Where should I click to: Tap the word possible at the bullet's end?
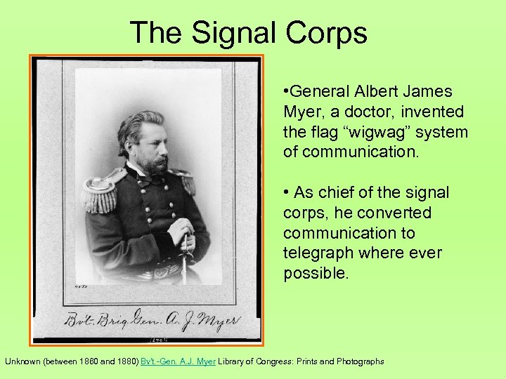315,273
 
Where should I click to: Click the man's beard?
156,166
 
